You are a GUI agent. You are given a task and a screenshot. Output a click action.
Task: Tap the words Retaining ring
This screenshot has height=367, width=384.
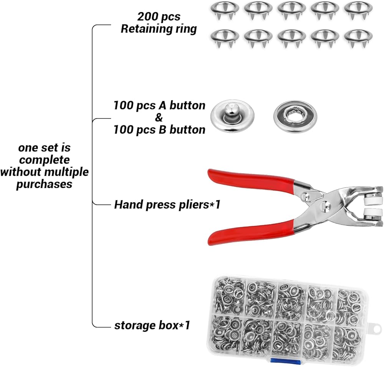coord(159,29)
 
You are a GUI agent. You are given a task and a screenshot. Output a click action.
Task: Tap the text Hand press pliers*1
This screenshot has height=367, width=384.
coord(167,205)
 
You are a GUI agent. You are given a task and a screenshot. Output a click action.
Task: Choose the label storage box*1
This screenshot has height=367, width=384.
coord(152,326)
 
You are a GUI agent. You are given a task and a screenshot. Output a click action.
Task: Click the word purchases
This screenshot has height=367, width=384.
coord(45,184)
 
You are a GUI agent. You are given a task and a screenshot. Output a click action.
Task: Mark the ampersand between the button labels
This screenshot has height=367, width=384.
coord(159,118)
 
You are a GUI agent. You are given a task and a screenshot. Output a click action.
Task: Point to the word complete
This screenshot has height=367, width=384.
coord(45,160)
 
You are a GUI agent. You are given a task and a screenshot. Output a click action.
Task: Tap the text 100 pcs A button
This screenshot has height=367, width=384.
coord(159,106)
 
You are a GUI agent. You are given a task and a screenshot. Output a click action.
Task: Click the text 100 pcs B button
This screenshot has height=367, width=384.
coord(159,130)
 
